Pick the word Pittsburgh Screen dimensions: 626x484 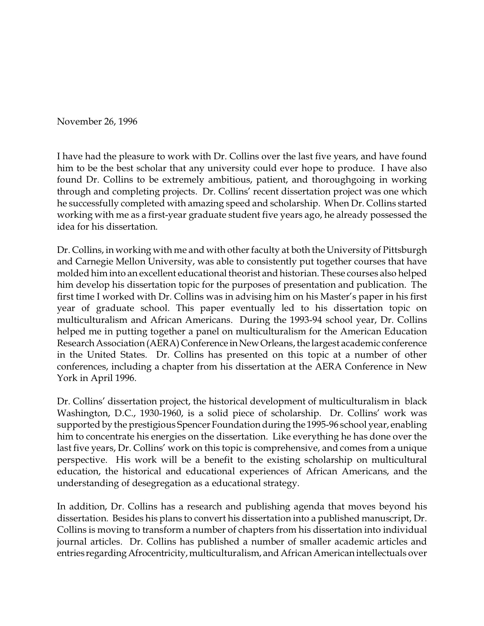coord(406,250)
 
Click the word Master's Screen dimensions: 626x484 coord(341,297)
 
